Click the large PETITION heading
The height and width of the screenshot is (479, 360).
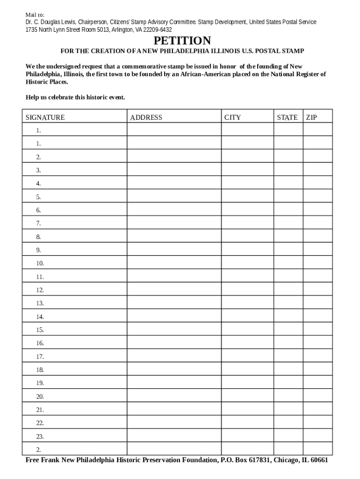coord(180,41)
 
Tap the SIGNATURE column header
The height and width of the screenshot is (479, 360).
coord(45,117)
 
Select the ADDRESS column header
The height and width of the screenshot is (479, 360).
coord(146,117)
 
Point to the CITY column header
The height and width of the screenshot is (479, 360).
coord(232,117)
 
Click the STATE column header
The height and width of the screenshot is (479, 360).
coord(287,117)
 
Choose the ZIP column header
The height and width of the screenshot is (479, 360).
coord(311,117)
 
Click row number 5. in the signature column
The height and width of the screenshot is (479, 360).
coord(38,197)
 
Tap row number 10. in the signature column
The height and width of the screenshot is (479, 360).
coord(40,263)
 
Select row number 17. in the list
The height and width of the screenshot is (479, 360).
coord(40,356)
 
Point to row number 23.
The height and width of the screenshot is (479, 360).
coord(40,436)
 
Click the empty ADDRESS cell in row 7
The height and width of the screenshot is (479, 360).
coord(174,224)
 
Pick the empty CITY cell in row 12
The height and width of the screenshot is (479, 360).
coord(247,290)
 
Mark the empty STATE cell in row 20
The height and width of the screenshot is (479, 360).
coord(288,397)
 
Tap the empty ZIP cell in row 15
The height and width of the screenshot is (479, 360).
coord(317,330)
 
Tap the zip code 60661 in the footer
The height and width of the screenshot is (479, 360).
coord(318,460)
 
